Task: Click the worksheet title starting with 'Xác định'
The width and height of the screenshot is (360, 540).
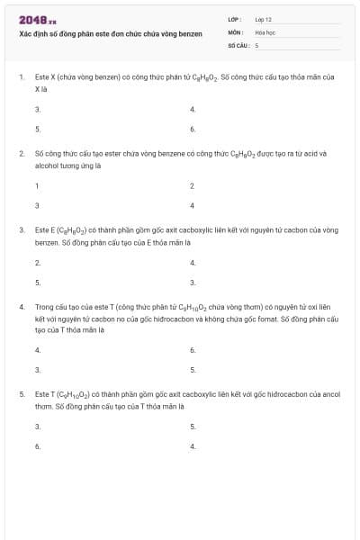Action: point(111,34)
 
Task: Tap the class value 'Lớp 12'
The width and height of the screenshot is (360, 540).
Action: point(263,18)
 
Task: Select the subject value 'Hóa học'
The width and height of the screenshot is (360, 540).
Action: point(265,31)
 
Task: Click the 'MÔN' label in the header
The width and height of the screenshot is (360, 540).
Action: point(236,31)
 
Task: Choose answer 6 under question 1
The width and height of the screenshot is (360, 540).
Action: point(193,130)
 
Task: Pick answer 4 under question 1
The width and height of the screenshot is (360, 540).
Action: point(193,109)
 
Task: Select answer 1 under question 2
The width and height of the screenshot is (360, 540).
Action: point(37,185)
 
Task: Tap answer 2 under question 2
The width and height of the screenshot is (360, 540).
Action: point(193,185)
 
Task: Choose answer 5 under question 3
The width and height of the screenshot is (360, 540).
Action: point(37,283)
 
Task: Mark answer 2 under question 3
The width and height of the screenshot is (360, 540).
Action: point(37,263)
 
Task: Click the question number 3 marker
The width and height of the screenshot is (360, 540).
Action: point(22,230)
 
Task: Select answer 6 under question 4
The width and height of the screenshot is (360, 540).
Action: point(193,349)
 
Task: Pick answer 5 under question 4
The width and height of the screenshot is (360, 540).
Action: point(193,369)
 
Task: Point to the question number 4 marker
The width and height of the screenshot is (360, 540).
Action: point(22,307)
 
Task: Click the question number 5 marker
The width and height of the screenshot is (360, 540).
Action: point(22,394)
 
